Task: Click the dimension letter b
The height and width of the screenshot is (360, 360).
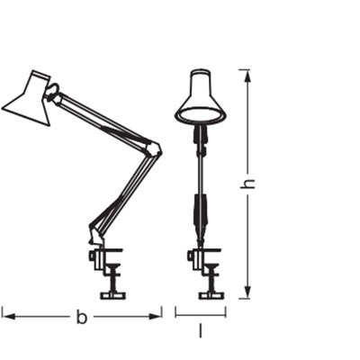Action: pyautogui.click(x=81, y=317)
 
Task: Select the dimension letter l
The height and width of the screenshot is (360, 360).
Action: pyautogui.click(x=200, y=330)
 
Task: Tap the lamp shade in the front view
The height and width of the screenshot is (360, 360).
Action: pyautogui.click(x=200, y=99)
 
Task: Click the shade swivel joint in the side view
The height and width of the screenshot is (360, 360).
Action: pyautogui.click(x=55, y=91)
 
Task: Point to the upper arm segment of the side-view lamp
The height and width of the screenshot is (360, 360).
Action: pyautogui.click(x=103, y=118)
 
